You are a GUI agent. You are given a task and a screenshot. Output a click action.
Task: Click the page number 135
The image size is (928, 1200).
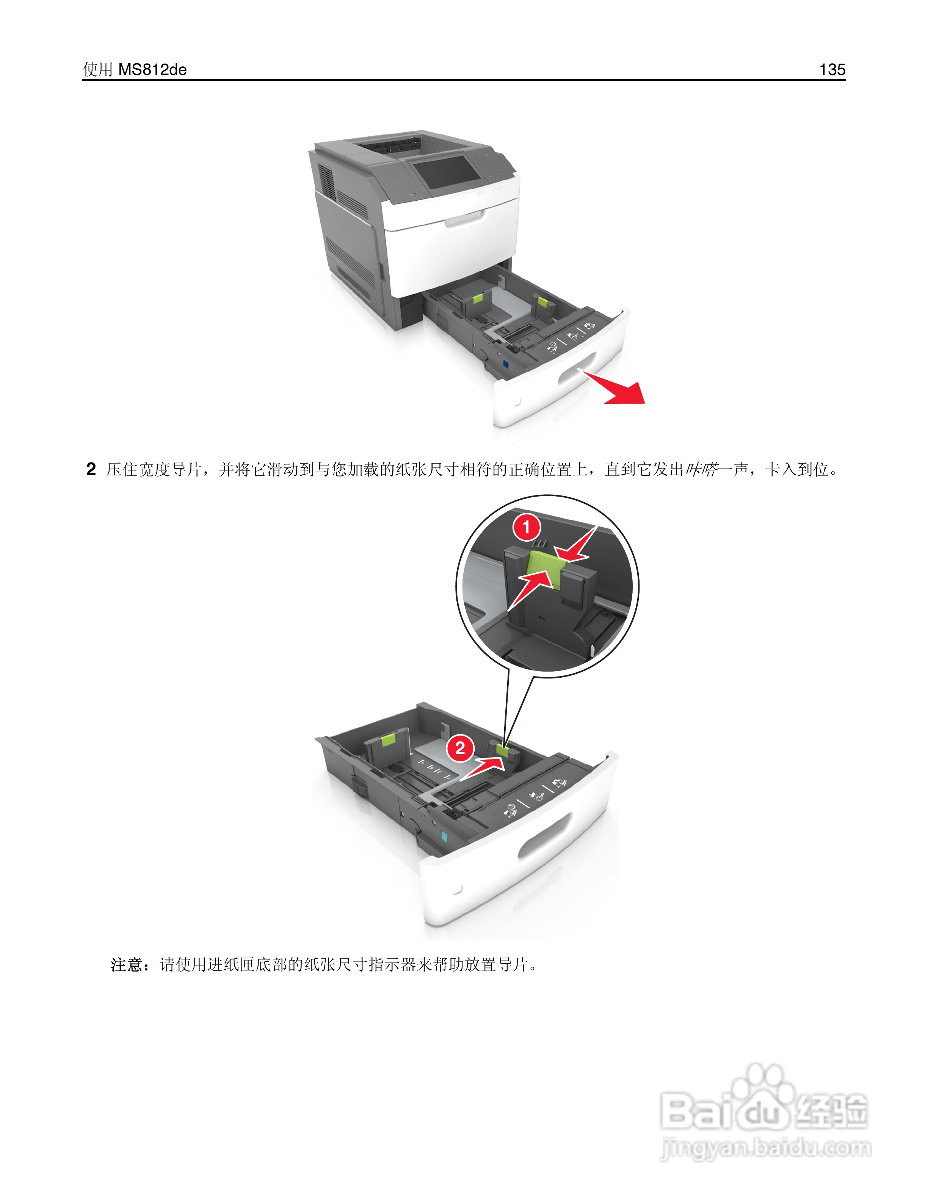point(832,69)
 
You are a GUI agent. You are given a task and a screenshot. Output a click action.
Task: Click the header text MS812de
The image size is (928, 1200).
point(152,70)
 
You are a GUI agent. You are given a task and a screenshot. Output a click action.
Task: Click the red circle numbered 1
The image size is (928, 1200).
point(527,528)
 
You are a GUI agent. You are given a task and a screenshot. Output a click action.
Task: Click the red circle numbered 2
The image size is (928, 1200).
point(460,748)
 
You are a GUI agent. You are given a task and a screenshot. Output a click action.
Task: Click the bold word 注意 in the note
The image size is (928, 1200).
point(127,964)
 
